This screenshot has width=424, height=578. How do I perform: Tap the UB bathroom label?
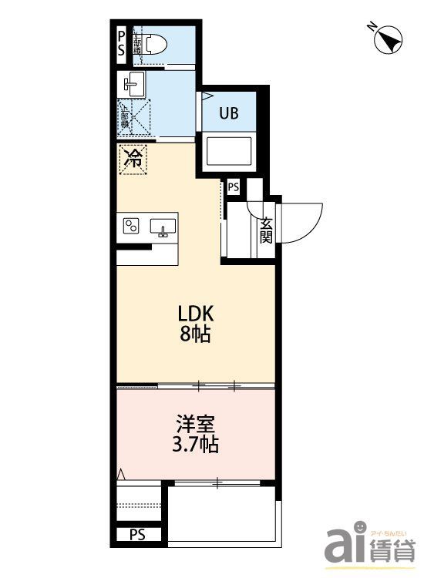(228, 113)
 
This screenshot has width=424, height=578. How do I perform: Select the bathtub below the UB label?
(228, 151)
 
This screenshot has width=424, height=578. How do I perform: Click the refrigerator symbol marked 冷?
(133, 160)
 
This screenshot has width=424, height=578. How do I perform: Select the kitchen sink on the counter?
(163, 227)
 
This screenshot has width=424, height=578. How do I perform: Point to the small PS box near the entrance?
(233, 187)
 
